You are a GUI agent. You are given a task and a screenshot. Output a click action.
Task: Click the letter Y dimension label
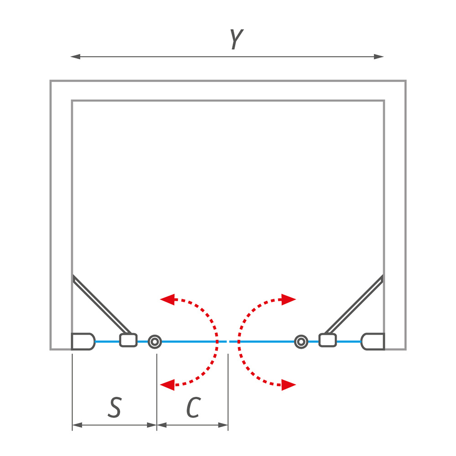237,39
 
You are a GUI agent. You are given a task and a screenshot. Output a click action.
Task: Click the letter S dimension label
114,407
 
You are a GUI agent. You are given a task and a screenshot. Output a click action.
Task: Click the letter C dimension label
193,407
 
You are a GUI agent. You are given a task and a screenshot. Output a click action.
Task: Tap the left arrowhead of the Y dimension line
75,57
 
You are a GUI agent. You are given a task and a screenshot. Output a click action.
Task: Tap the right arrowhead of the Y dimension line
379,57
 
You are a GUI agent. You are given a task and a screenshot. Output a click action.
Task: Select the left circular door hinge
155,342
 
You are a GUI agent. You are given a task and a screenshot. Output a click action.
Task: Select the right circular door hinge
301,342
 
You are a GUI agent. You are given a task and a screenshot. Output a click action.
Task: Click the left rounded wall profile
83,342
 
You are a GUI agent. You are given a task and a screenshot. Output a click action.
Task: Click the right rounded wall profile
373,342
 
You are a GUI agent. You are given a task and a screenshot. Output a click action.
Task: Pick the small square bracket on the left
128,340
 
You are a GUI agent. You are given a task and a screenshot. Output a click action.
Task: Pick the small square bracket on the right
328,340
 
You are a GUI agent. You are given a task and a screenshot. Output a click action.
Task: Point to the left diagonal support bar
102,304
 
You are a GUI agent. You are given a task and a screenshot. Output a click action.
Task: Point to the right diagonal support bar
354,304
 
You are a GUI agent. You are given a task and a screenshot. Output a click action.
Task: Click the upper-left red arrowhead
167,299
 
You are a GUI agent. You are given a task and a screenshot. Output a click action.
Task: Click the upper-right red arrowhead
289,299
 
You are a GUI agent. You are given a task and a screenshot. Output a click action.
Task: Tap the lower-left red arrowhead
167,385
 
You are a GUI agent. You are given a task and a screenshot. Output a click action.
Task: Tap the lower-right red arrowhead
289,385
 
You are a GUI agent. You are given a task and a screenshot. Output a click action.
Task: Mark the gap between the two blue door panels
228,342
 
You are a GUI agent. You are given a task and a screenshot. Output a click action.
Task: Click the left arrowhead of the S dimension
77,425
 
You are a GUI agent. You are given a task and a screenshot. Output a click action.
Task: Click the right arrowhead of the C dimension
223,425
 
